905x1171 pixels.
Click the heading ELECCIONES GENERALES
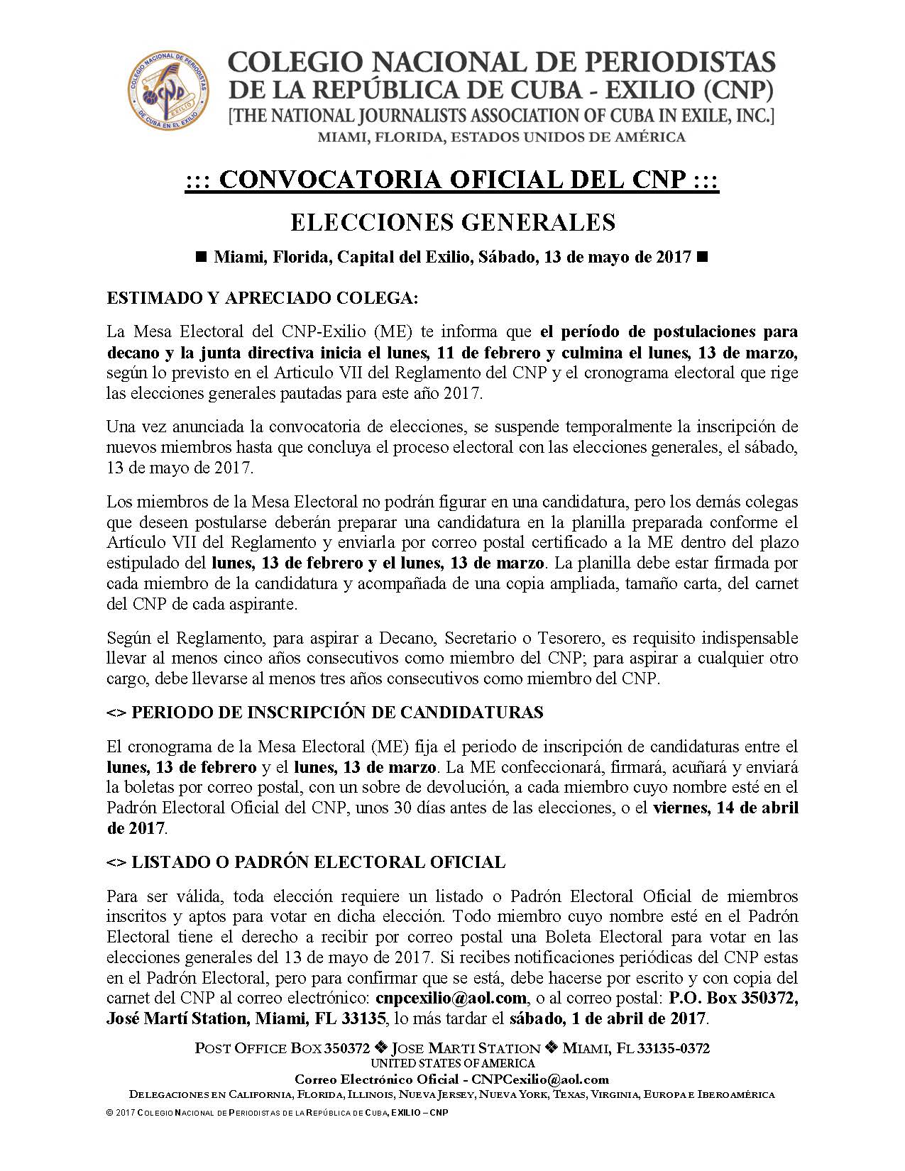(x=453, y=222)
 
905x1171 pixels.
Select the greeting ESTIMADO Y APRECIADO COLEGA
(x=263, y=298)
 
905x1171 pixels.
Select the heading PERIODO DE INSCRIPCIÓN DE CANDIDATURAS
(x=325, y=713)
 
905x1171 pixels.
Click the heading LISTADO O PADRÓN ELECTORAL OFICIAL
(x=306, y=862)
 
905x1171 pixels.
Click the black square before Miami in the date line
(x=200, y=258)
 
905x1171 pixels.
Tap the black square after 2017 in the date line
(x=703, y=258)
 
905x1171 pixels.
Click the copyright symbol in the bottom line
(x=109, y=1113)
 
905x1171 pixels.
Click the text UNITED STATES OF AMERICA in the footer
(x=453, y=1063)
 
